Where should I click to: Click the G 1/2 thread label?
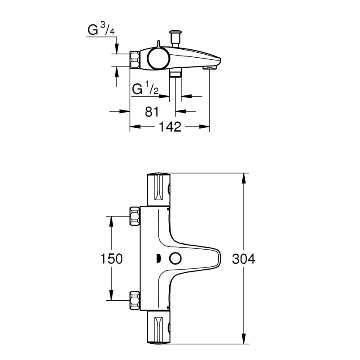point(145,89)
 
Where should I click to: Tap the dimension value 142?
point(170,127)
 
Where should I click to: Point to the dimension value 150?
point(111,259)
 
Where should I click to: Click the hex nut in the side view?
point(136,61)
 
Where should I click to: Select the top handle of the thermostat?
point(158,189)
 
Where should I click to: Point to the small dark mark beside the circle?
point(158,259)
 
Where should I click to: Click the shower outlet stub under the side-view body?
point(175,73)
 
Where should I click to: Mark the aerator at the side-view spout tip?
point(210,67)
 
